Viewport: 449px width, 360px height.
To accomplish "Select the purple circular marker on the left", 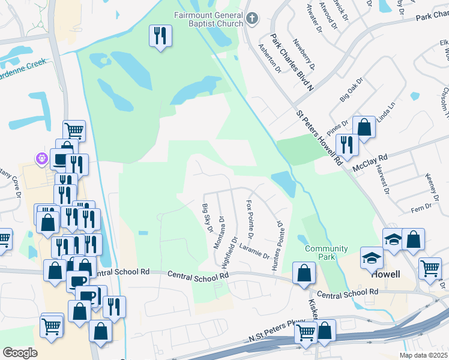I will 41,159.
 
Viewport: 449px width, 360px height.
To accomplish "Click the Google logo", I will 20,352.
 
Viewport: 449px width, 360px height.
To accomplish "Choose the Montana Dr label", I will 219,232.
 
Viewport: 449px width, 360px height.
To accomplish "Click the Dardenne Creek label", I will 23,62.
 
